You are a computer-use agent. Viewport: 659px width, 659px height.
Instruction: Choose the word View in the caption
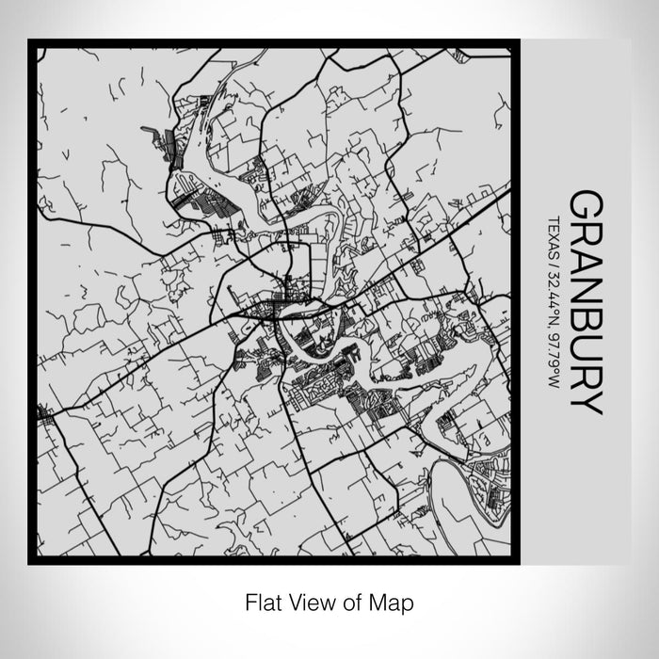tap(312, 601)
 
